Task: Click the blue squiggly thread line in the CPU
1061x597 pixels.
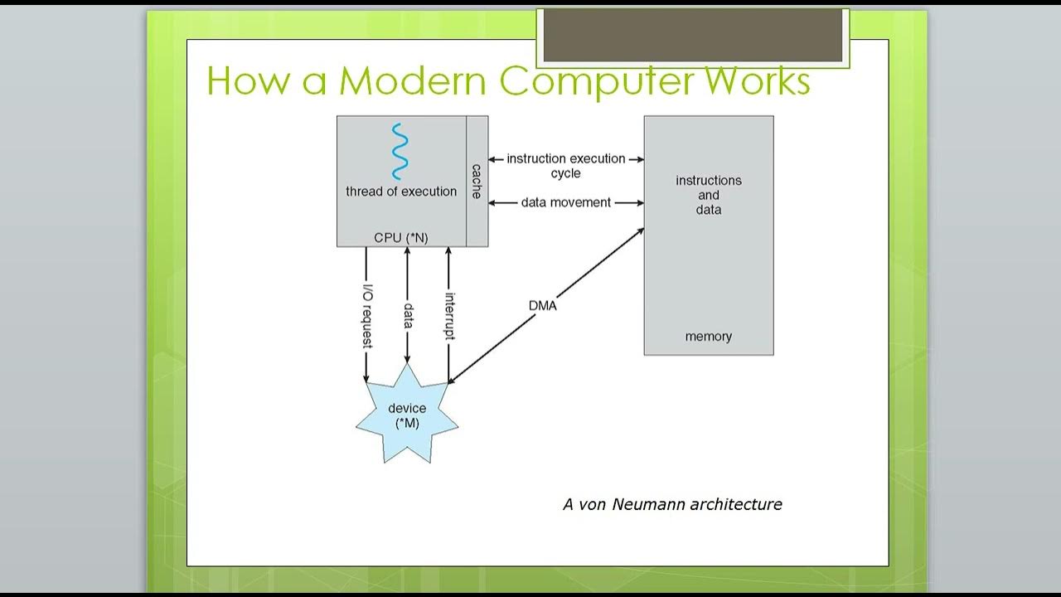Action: pyautogui.click(x=400, y=151)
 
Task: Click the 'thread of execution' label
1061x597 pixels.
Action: pyautogui.click(x=401, y=192)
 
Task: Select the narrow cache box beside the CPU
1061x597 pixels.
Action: pyautogui.click(x=477, y=181)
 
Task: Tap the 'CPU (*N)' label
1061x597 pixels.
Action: pyautogui.click(x=401, y=238)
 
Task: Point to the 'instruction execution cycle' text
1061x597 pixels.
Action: pyautogui.click(x=566, y=165)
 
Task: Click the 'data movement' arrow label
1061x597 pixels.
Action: pyautogui.click(x=566, y=202)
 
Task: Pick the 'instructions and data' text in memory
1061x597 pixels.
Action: pyautogui.click(x=709, y=195)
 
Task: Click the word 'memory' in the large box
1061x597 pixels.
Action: pyautogui.click(x=709, y=337)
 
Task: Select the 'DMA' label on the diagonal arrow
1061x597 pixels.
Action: pyautogui.click(x=543, y=306)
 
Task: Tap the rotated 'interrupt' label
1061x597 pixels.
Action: pyautogui.click(x=449, y=316)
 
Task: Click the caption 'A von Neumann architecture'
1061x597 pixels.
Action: pyautogui.click(x=672, y=504)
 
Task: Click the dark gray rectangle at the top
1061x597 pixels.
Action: pyautogui.click(x=692, y=36)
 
